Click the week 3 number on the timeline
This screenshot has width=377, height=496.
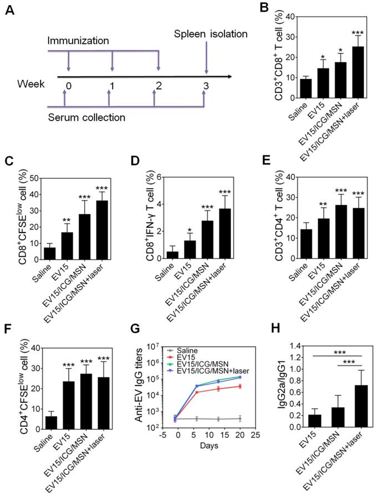[206, 86]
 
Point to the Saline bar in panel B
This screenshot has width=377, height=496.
[305, 89]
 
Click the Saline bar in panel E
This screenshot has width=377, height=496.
[305, 244]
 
